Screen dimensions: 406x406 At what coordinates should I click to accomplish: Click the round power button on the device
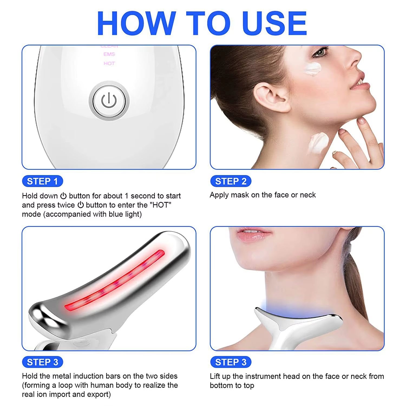tap(109, 101)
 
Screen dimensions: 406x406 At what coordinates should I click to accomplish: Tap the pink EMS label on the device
tap(109, 54)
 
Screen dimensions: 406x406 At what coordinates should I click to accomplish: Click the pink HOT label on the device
tap(109, 63)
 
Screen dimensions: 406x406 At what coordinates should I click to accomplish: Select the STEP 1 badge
tap(42, 181)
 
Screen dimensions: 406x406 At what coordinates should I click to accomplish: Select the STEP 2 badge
tap(231, 181)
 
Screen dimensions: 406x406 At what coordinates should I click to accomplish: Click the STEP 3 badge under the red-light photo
tap(42, 362)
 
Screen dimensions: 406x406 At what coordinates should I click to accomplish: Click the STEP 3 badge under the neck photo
tap(231, 362)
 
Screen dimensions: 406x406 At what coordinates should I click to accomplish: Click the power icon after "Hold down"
tap(63, 196)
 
